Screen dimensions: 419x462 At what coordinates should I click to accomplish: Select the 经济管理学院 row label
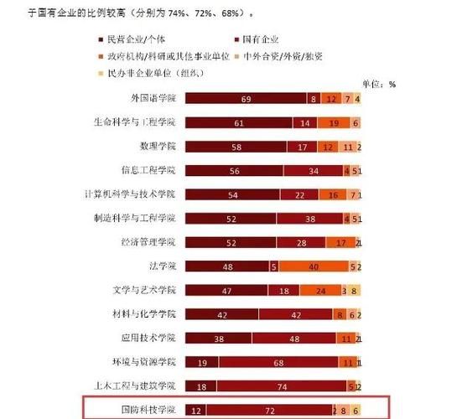(148, 242)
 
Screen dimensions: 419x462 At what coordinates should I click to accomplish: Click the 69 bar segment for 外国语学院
(246, 99)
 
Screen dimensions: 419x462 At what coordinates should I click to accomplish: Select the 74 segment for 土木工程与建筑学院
(282, 385)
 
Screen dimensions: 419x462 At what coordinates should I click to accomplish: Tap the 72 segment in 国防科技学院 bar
(269, 410)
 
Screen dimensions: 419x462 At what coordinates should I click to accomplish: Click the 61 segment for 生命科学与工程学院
(239, 122)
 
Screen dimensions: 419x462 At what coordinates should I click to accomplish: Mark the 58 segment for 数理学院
(236, 147)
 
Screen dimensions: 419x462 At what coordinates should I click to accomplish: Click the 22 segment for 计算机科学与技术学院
(299, 194)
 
